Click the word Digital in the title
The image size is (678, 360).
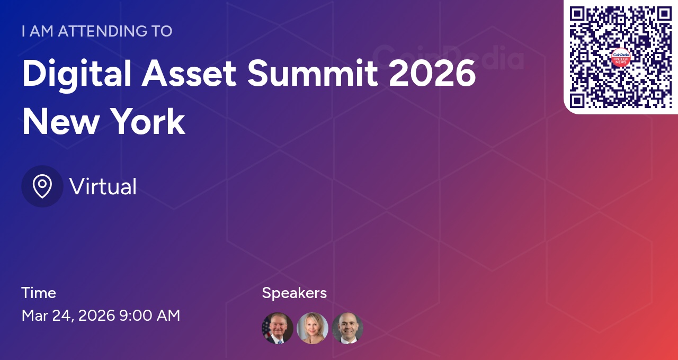pos(77,74)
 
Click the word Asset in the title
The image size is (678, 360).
pos(189,74)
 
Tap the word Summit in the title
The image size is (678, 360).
pos(313,74)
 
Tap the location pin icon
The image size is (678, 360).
pos(42,186)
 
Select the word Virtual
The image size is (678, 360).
pos(103,186)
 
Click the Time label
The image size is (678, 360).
pos(39,293)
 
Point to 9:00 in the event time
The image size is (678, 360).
pos(134,316)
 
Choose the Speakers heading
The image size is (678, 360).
pos(294,293)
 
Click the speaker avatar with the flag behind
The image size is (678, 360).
pos(278,328)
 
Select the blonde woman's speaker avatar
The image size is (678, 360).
pos(313,328)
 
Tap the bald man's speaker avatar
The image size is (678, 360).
pos(347,328)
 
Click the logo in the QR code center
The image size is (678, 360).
pos(621,57)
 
